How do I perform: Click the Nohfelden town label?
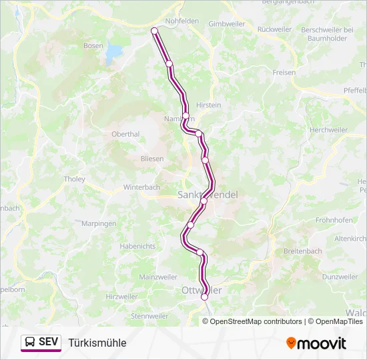[182, 21]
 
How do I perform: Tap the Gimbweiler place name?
[227, 23]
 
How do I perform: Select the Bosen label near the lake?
[93, 45]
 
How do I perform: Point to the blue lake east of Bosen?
[115, 51]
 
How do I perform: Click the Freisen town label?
[284, 73]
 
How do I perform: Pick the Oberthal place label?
[125, 134]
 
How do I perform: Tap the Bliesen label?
[152, 159]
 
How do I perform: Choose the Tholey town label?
[74, 179]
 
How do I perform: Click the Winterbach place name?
[142, 188]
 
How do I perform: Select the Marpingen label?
[99, 224]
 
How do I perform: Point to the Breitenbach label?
[302, 251]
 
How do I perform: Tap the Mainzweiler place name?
[158, 277]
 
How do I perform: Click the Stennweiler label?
[149, 315]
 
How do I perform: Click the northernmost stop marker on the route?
[154, 31]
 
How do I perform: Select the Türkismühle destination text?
[97, 343]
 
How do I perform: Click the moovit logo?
[316, 343]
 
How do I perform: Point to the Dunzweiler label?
[340, 276]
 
